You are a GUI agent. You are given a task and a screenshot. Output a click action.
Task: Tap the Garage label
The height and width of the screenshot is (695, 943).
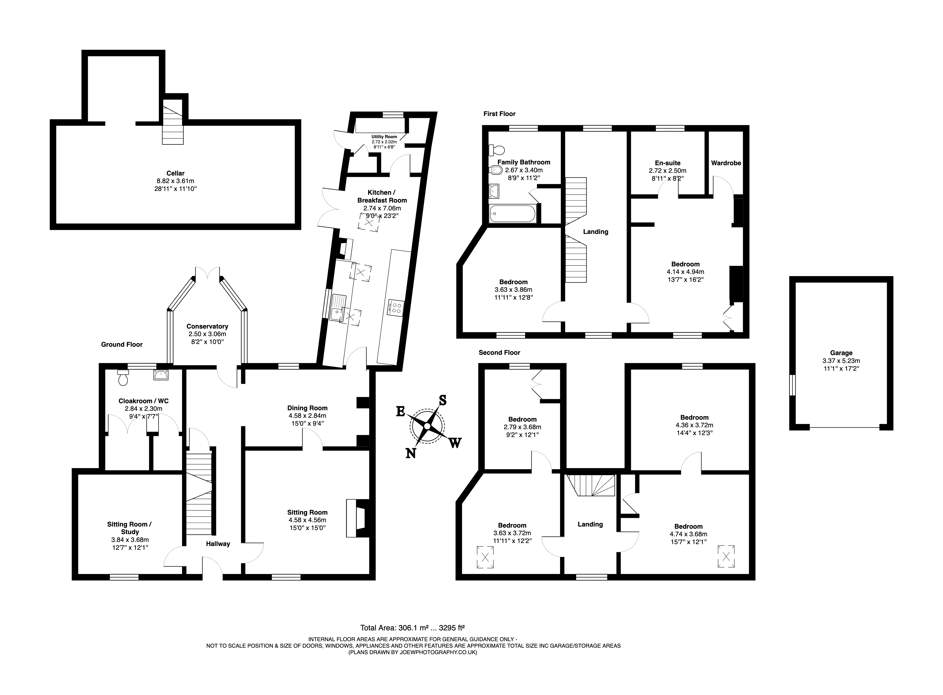coord(841,353)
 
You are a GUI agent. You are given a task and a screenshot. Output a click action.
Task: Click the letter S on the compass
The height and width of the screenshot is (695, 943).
coord(442,400)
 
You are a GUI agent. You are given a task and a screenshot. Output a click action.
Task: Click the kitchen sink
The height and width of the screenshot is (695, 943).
coord(338,308)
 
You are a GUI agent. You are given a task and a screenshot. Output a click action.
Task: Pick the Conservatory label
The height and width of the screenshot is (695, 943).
coord(207,326)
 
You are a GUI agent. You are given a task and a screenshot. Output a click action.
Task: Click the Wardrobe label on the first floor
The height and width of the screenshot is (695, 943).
coord(726,163)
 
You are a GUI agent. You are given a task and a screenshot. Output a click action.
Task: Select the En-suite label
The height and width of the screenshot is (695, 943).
coord(667,163)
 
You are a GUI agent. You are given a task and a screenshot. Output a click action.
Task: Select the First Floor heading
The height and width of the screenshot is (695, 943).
coord(499,114)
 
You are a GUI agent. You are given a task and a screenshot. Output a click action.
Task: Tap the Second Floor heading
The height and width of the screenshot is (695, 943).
coord(499,353)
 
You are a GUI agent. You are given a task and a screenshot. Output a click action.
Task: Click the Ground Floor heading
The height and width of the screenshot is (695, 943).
coord(121,345)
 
